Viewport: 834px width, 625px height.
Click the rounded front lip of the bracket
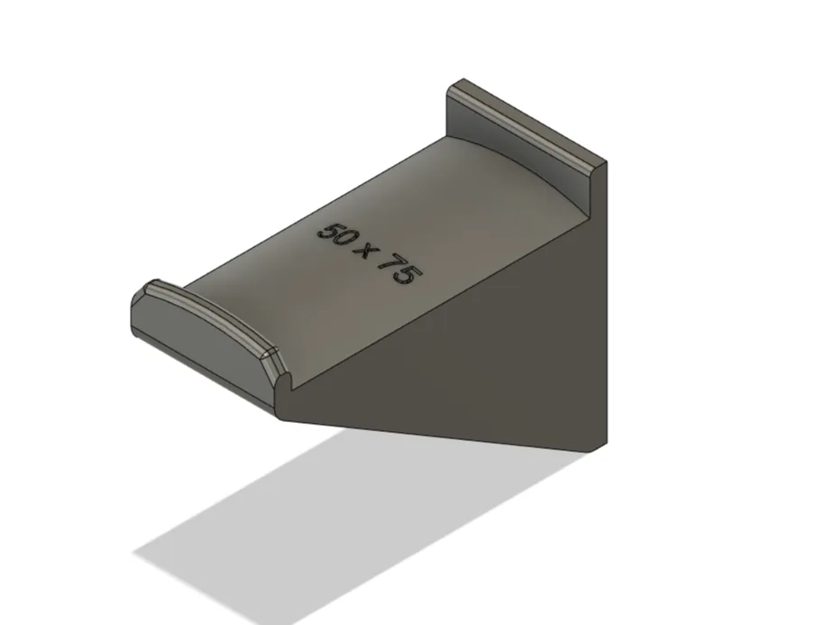point(207,340)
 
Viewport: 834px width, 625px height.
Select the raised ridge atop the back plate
point(527,128)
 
